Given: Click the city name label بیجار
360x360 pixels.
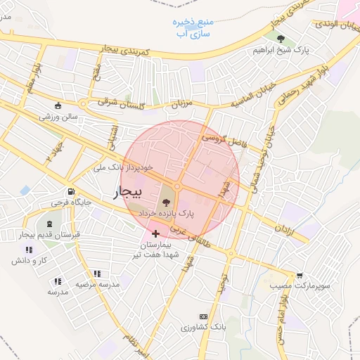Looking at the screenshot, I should [127, 191].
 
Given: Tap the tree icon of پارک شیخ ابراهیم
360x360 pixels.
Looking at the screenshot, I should [281, 39].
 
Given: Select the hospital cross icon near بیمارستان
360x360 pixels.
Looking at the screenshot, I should [155, 232].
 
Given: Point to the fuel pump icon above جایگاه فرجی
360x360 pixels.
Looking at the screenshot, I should [71, 192].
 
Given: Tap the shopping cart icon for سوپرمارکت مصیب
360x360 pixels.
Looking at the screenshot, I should [300, 276].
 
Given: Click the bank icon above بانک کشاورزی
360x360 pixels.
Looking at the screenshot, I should [204, 317].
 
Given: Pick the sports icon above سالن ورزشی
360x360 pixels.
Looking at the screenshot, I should [58, 107].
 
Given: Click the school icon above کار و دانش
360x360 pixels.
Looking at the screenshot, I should [29, 250].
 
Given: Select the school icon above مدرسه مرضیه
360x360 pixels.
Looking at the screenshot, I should [97, 274].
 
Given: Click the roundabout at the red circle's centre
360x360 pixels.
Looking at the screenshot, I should [178, 186].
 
